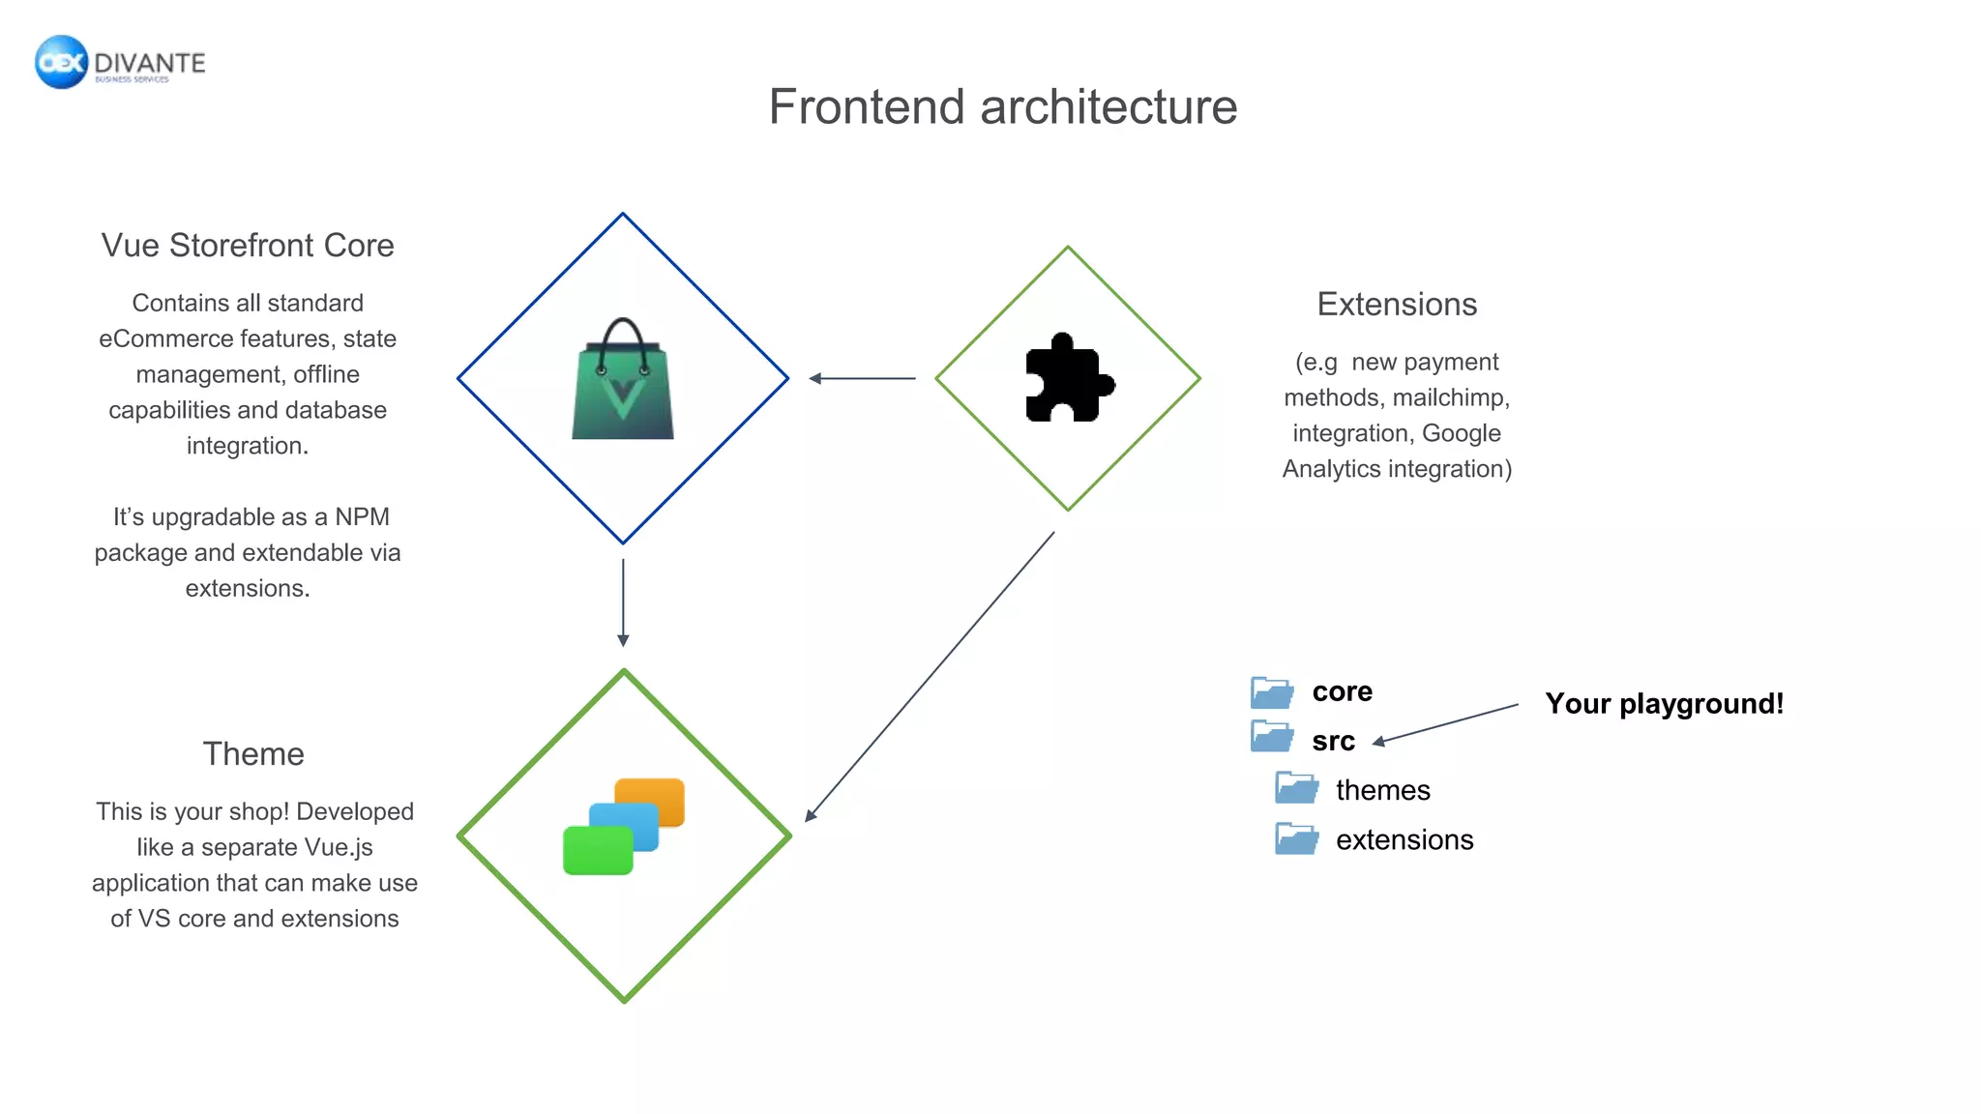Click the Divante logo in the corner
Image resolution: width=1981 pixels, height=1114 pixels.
click(x=120, y=63)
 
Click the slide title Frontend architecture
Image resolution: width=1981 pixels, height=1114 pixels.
click(x=1002, y=106)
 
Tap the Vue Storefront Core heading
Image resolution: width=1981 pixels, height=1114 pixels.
click(x=248, y=246)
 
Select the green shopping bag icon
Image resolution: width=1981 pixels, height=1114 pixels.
click(x=623, y=382)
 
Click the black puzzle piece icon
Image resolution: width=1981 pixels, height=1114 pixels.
click(x=1068, y=379)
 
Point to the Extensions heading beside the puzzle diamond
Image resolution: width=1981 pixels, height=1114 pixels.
click(x=1397, y=305)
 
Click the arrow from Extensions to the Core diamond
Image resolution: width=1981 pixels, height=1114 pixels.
click(x=862, y=378)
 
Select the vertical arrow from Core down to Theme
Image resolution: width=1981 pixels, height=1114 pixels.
click(x=623, y=601)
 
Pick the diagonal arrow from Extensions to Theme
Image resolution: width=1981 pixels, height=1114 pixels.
click(x=931, y=676)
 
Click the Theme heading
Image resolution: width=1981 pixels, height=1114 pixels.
click(x=253, y=754)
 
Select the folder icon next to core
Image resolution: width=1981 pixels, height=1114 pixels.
click(x=1271, y=692)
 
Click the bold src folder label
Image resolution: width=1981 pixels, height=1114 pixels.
click(x=1333, y=742)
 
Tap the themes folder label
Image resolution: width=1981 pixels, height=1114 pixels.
click(x=1382, y=791)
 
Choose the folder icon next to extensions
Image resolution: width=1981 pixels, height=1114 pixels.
click(x=1296, y=839)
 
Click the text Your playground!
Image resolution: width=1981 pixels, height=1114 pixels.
click(x=1664, y=704)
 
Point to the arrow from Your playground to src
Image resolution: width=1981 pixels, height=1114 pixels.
click(x=1446, y=723)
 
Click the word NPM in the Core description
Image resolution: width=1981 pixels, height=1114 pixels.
click(x=362, y=517)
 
